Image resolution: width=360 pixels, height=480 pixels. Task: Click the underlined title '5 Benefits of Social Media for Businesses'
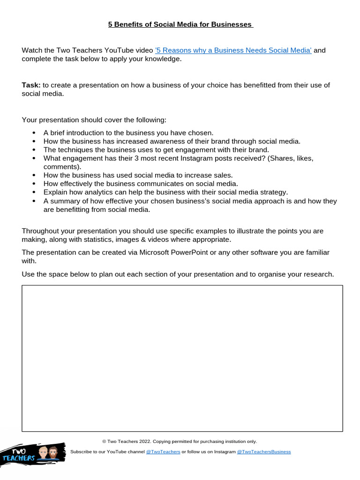(x=180, y=24)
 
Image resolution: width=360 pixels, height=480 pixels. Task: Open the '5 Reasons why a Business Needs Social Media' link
(x=233, y=51)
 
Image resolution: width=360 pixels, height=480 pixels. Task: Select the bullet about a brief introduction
(x=128, y=133)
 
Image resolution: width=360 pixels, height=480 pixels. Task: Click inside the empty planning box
(x=182, y=358)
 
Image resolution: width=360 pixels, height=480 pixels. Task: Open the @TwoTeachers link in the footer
(x=163, y=452)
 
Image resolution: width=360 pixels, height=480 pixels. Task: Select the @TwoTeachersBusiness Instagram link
(x=264, y=452)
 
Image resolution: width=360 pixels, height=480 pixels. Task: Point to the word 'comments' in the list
(x=61, y=166)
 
